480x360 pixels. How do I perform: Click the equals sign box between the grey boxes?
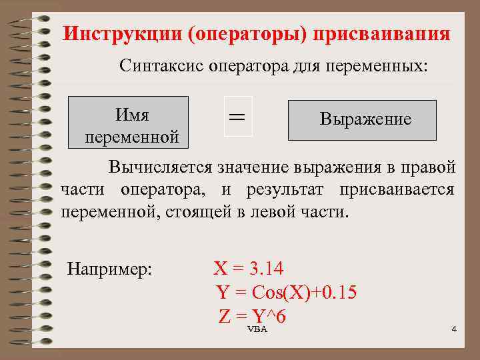(x=237, y=117)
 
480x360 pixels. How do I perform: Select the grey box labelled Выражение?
(x=362, y=120)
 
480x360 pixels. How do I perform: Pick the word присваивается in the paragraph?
(x=397, y=189)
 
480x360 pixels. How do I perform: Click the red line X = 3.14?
(x=248, y=269)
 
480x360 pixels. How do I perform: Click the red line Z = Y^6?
(x=252, y=316)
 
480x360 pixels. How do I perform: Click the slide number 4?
(x=454, y=330)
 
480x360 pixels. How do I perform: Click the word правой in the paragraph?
(x=429, y=165)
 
